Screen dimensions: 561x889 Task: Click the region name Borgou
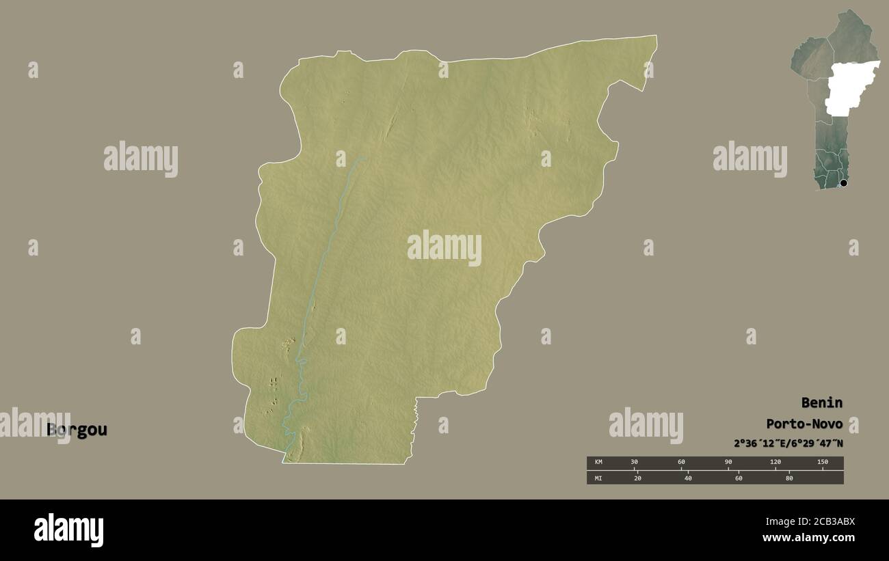click(77, 430)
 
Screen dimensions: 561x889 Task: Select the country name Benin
click(822, 402)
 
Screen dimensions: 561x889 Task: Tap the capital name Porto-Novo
click(804, 424)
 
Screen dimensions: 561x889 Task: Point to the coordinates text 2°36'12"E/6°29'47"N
click(788, 443)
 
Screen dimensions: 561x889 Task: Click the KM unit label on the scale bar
click(598, 463)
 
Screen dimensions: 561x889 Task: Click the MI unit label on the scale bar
click(598, 478)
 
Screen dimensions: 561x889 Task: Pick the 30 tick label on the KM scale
click(634, 463)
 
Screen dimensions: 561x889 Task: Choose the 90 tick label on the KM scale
click(728, 463)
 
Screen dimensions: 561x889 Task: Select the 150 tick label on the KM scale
click(822, 463)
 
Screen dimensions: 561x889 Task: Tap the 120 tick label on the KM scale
click(775, 463)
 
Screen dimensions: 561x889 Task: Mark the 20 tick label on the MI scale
click(637, 478)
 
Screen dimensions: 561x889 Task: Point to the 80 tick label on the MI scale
click(788, 478)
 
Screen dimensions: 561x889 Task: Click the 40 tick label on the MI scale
click(688, 478)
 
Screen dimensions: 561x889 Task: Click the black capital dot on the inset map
click(843, 182)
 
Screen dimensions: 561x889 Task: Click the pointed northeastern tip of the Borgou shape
click(655, 37)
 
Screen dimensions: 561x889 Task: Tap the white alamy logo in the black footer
click(68, 530)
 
